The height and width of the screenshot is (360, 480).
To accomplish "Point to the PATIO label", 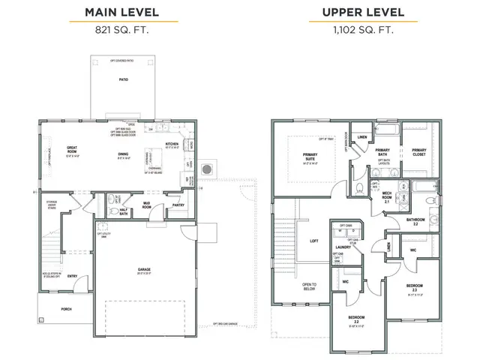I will (122, 79).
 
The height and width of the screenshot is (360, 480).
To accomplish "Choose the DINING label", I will (123, 155).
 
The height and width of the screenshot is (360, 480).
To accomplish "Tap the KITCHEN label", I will (172, 144).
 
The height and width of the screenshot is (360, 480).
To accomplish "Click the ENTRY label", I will (72, 275).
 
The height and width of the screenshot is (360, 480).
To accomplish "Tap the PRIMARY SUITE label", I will (310, 156).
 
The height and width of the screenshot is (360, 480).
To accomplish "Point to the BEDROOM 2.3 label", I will (415, 287).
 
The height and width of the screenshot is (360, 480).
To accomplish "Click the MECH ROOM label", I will (389, 195).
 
